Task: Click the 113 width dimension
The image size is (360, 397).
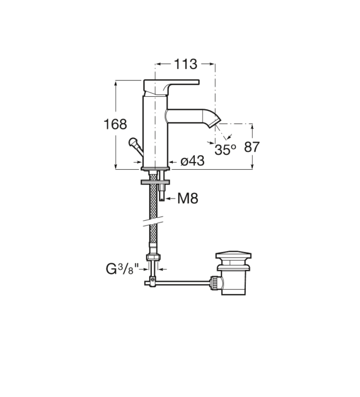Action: coord(185,64)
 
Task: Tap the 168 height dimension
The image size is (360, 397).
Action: coord(115,124)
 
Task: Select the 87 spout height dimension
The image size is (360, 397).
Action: coord(252,147)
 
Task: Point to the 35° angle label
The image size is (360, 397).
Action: coord(225,150)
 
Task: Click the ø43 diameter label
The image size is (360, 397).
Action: coord(193,161)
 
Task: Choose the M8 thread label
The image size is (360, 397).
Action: coord(188,199)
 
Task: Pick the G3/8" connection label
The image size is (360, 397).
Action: coord(122,269)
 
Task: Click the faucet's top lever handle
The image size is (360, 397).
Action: coord(171,87)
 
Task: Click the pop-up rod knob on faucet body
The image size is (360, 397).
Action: coord(133,141)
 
